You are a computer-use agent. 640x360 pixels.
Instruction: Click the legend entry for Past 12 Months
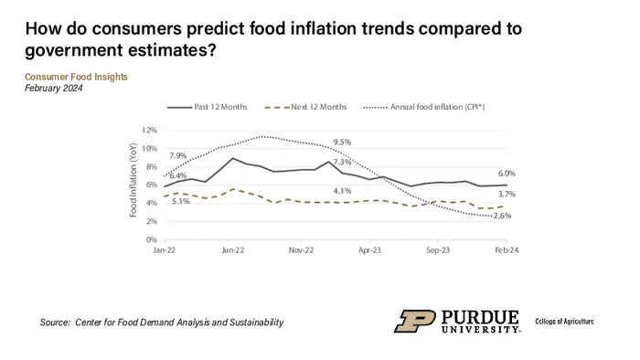tap(212, 108)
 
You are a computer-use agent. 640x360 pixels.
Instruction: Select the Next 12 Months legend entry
tap(308, 108)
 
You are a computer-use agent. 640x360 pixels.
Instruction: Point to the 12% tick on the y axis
tap(150, 131)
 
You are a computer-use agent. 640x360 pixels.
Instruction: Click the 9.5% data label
tap(343, 142)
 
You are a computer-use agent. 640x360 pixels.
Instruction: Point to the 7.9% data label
tap(178, 155)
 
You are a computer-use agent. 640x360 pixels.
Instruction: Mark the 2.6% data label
tap(502, 216)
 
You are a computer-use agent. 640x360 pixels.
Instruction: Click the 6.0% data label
tap(507, 174)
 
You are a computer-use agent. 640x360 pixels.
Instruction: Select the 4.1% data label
tap(342, 190)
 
